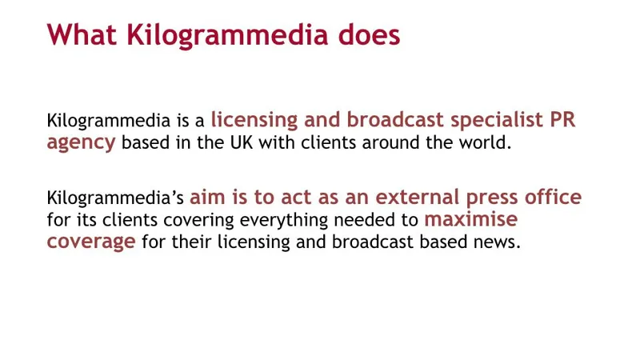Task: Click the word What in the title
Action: point(82,34)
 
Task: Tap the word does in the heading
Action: point(369,34)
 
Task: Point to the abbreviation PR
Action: point(563,119)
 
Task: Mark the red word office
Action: point(553,196)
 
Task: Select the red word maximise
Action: point(471,218)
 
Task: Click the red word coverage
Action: point(91,242)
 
